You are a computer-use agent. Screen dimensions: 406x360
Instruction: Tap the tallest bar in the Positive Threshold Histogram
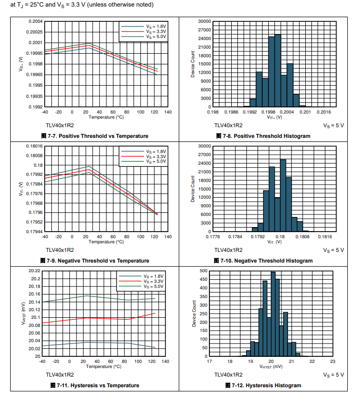point(277,71)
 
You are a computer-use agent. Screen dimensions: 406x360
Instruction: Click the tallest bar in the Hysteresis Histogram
point(273,314)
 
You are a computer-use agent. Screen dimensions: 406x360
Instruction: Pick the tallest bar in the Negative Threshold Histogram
point(283,198)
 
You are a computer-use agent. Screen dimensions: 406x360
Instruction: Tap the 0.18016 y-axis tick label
point(34,146)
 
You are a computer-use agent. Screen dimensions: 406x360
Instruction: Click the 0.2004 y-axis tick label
point(35,21)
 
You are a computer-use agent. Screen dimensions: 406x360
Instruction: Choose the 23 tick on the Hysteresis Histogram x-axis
point(332,361)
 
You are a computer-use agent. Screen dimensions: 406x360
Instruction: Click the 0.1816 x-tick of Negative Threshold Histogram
point(325,236)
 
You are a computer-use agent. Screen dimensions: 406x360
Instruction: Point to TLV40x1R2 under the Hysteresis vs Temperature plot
point(60,375)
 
